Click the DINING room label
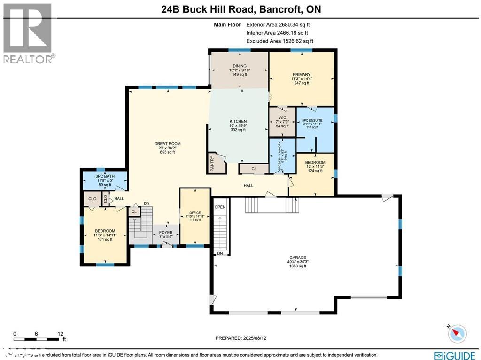point(239,66)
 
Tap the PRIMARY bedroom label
point(301,74)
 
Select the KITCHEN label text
point(238,121)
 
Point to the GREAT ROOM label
point(167,144)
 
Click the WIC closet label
point(282,117)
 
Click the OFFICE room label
point(195,213)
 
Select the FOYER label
point(165,233)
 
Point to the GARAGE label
point(297,258)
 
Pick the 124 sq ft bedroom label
point(315,163)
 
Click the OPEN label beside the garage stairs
point(220,207)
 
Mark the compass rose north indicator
point(457,333)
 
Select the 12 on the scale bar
point(60,333)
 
